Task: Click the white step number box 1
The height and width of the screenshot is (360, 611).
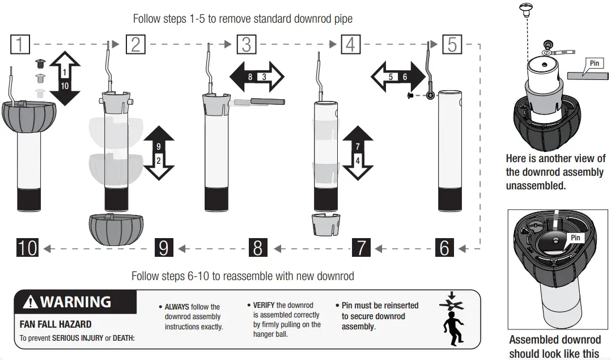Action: [20, 44]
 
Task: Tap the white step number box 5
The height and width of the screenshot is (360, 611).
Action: [452, 44]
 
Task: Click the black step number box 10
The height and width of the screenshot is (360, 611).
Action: [27, 248]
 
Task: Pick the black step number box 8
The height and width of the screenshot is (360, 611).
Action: [258, 248]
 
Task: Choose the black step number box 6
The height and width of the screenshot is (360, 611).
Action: [444, 248]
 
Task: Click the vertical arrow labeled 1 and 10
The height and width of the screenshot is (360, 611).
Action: [65, 78]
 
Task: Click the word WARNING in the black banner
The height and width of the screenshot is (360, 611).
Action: [75, 302]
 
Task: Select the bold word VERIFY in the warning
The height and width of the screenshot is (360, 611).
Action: [264, 305]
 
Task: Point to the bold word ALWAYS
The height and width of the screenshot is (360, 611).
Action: [177, 307]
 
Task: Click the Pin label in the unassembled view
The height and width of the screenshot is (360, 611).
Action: [594, 63]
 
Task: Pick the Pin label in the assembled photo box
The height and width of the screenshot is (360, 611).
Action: [575, 238]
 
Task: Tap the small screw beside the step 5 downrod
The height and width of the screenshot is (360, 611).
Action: [410, 96]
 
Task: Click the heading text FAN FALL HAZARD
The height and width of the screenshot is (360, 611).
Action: [56, 325]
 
